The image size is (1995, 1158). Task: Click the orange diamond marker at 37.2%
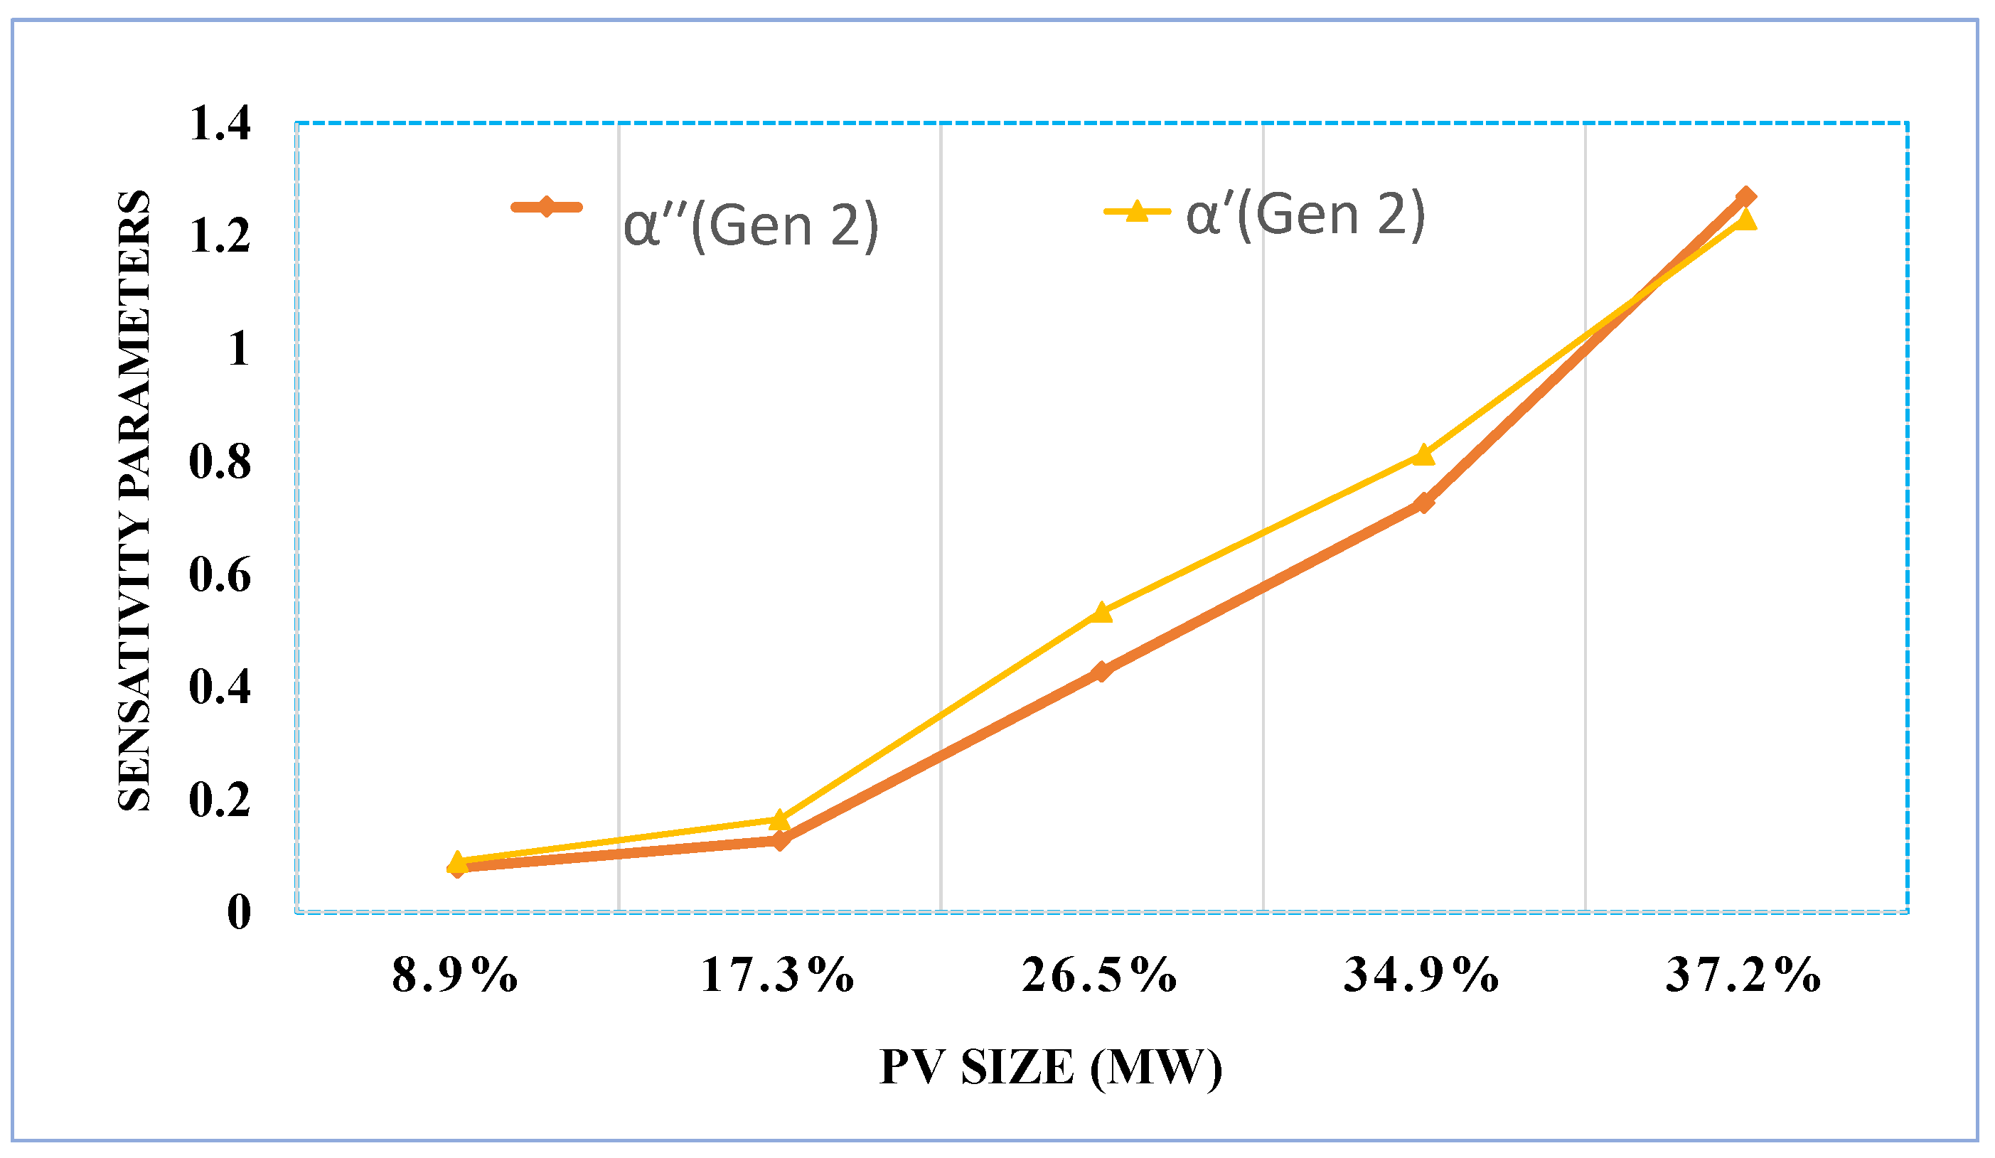point(1745,197)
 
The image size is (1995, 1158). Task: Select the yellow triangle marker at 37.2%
point(1745,220)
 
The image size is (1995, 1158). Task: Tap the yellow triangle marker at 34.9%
point(1423,455)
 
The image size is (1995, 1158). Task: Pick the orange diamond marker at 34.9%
point(1423,503)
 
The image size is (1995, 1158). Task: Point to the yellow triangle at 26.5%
point(1101,613)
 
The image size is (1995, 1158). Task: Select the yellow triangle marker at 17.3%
point(780,819)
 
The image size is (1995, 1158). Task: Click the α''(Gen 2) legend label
point(752,225)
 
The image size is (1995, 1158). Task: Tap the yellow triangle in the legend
point(1138,211)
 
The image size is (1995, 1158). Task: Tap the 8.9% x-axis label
point(455,975)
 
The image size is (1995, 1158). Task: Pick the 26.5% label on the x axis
point(1100,975)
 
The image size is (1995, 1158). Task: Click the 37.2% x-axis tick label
point(1744,975)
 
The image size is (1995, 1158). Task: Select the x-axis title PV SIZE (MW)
point(1051,1068)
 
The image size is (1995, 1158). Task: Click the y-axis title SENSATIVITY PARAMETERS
point(134,500)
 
